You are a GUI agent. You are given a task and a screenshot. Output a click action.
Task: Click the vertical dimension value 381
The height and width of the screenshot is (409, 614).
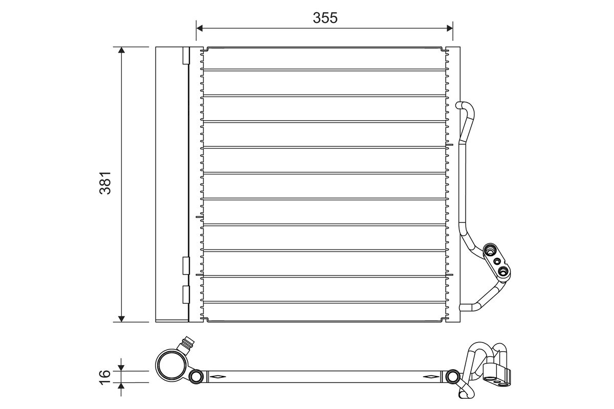[x=105, y=183]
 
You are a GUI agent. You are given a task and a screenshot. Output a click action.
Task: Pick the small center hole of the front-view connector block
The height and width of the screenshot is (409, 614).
[x=496, y=261]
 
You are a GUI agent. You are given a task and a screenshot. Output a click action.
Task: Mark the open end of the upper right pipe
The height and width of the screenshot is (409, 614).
[x=459, y=106]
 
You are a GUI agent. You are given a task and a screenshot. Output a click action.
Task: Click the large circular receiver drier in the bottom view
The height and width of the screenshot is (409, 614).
[x=171, y=366]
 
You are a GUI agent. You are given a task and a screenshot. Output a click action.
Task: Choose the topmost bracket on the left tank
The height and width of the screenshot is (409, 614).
[x=186, y=56]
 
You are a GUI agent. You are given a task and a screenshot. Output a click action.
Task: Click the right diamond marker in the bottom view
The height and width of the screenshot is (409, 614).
[x=430, y=377]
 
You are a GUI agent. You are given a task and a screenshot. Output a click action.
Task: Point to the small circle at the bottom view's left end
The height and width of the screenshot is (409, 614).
[x=196, y=377]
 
